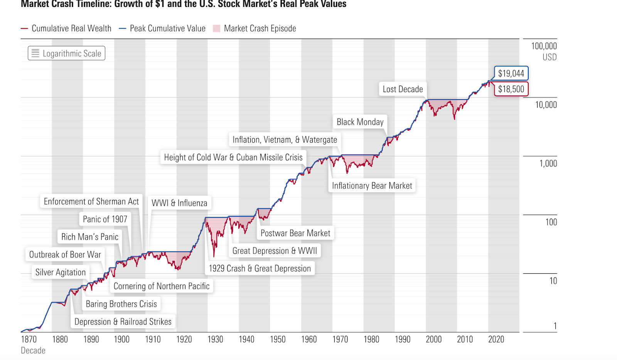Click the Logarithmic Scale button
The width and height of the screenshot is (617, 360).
coord(66,53)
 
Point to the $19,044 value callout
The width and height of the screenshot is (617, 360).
coord(511,73)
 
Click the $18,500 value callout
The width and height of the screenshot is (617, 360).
coord(511,89)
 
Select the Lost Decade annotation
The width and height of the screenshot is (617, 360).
coord(403,89)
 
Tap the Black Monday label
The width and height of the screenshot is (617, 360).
coord(360,122)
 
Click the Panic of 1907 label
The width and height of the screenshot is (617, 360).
coord(105,219)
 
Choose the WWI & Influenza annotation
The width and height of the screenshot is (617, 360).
coord(179,203)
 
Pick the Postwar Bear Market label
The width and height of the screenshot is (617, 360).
coord(295,233)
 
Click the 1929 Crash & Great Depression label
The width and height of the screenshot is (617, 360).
coord(260,269)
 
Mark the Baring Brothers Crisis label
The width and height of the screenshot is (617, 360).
coord(121,304)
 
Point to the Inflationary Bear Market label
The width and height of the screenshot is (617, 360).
coord(372,186)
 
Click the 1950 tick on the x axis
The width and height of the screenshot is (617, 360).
coord(278,339)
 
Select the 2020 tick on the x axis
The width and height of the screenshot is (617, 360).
coord(496,339)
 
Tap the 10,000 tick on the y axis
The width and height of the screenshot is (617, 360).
coord(546,105)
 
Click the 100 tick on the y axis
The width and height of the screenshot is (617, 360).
coord(551,222)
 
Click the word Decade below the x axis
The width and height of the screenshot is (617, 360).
coord(33,350)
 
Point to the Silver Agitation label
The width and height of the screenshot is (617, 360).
coord(61,273)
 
